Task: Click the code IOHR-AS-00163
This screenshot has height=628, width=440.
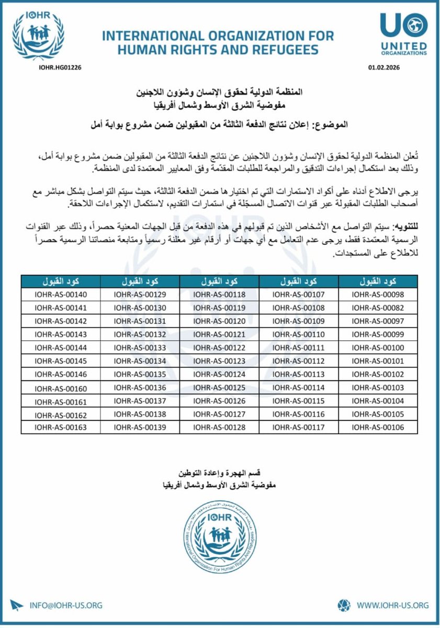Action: tap(60, 427)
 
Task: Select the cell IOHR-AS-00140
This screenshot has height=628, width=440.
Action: tap(60, 295)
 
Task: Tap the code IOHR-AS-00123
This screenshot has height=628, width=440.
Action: tap(219, 361)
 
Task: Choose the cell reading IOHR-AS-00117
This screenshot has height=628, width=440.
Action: tap(299, 427)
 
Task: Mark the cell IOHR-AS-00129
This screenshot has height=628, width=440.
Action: tap(140, 295)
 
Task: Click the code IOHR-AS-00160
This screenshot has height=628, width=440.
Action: tap(60, 388)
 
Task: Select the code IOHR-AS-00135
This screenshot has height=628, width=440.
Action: tap(140, 374)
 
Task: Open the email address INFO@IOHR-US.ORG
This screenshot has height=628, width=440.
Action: tap(66, 605)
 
